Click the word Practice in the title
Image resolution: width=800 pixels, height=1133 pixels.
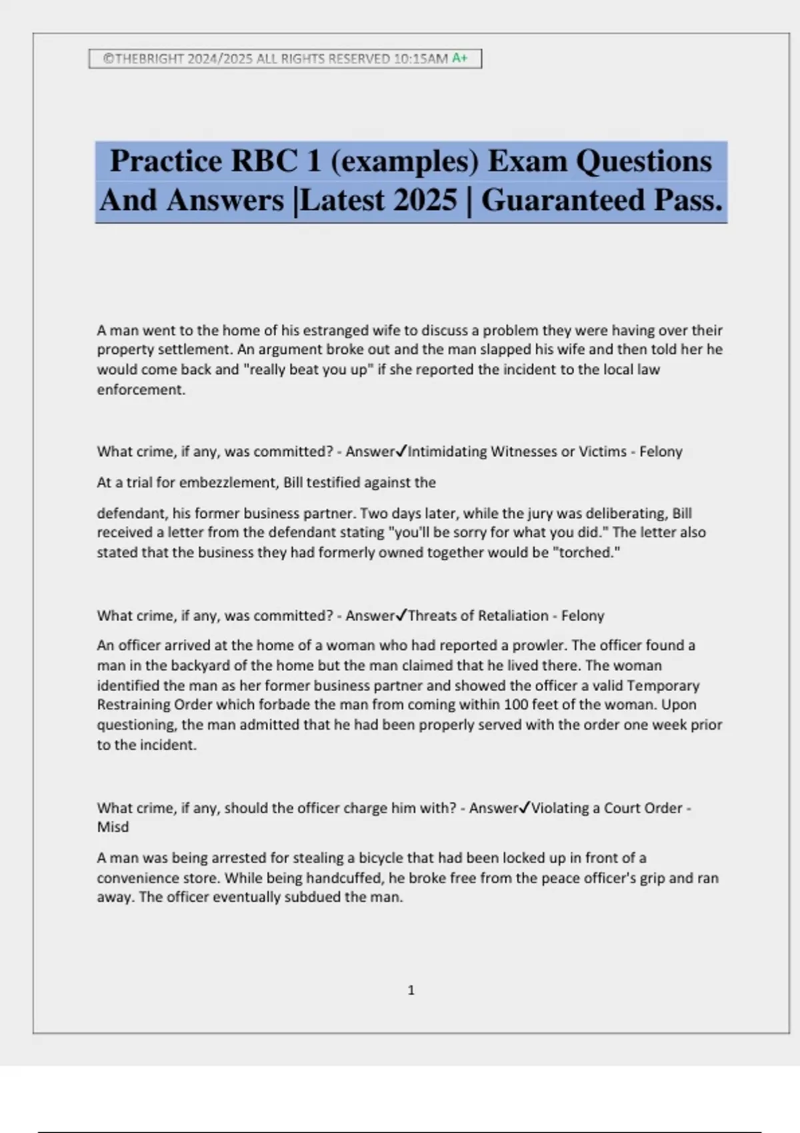(166, 161)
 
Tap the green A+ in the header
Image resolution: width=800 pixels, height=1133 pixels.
(460, 58)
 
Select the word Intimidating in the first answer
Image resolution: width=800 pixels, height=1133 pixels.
(447, 451)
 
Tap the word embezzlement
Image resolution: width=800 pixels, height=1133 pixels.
(230, 482)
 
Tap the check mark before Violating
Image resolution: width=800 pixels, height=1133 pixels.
(525, 808)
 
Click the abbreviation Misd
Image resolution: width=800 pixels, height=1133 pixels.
(113, 827)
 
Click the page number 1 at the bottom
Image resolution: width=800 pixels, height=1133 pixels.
(411, 990)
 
